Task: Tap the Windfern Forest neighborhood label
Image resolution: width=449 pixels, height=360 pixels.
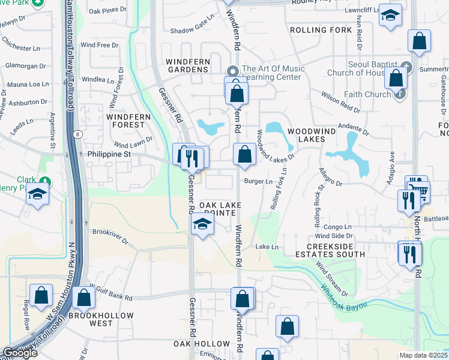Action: [x=125, y=119]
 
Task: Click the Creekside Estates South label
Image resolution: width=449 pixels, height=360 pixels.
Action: [x=336, y=250]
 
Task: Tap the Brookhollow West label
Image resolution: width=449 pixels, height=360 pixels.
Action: [x=91, y=319]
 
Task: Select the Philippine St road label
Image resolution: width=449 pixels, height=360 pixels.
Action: [x=110, y=154]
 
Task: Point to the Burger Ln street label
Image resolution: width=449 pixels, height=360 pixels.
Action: [x=258, y=181]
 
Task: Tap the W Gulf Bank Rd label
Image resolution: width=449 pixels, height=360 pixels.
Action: [x=110, y=297]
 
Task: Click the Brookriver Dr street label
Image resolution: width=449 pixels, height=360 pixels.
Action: [x=109, y=236]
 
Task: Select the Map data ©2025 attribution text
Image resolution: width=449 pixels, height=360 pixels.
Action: [x=423, y=355]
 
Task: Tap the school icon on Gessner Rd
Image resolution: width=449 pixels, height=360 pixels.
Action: [x=203, y=225]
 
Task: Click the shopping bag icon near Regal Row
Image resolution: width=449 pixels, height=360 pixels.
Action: [x=41, y=295]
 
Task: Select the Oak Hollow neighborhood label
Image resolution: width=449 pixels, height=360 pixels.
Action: [x=202, y=344]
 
